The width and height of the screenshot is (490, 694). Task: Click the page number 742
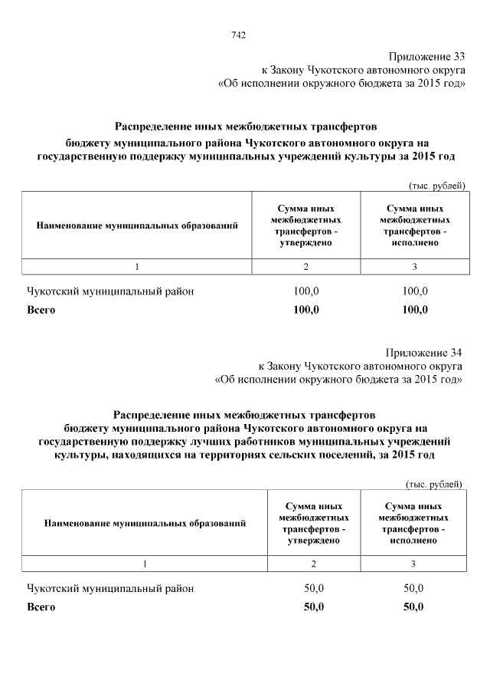pos(238,35)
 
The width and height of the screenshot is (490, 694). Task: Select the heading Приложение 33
pos(426,56)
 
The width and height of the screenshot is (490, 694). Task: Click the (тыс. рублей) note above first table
pos(434,186)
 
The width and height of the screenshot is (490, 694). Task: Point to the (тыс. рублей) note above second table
pos(433,484)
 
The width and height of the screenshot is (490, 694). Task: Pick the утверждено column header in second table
pos(313,524)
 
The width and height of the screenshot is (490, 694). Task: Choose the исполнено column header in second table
pos(413,524)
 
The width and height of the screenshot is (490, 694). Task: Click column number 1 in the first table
pos(137,266)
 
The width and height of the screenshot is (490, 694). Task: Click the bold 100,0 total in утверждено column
pos(306,310)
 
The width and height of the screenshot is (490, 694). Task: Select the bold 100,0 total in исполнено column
pos(415,310)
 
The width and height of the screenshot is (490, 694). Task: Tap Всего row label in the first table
pos(41,311)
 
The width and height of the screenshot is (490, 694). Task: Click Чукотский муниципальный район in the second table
pos(110,588)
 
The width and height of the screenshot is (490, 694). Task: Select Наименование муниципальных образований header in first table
pos(137,225)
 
